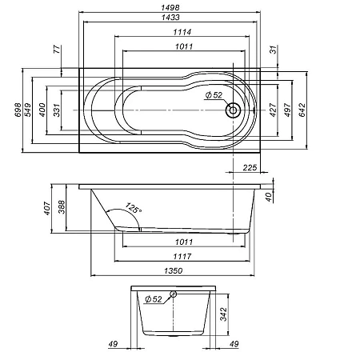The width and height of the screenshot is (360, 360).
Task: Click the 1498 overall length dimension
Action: click(174, 7)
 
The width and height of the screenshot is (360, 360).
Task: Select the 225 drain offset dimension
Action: click(249, 168)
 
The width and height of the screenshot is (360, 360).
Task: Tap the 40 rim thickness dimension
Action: click(270, 195)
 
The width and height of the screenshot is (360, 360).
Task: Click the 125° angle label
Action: click(133, 210)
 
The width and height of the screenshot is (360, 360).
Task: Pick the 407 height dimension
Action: click(48, 210)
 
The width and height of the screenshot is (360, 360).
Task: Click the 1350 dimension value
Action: click(174, 272)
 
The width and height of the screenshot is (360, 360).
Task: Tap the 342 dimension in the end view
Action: click(225, 314)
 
